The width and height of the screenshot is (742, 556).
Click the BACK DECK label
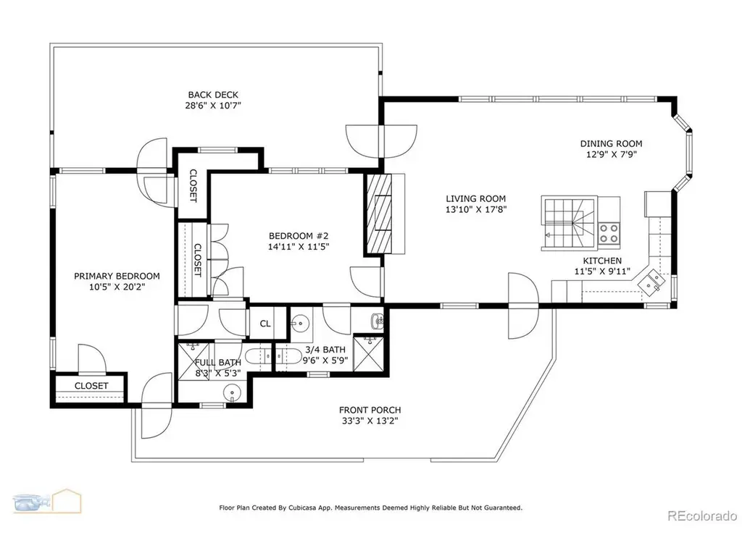coord(213,95)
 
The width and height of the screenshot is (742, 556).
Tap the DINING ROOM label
coord(611,143)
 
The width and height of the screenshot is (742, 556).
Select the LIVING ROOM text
coord(475,198)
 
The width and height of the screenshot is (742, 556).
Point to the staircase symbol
coord(568,223)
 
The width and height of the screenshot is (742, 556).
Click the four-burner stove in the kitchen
coord(609,232)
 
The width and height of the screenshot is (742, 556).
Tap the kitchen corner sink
coord(651,282)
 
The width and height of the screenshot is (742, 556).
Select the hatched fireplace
coord(379,214)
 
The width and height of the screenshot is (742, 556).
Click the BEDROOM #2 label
coord(298,235)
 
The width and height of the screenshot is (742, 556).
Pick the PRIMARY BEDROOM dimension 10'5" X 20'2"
coord(117,287)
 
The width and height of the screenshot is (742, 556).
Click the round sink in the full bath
coord(231,392)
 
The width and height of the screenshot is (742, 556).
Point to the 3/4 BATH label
coord(325,350)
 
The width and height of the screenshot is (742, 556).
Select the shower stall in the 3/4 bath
coord(370,353)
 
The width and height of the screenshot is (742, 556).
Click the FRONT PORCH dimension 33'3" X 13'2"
coord(370,421)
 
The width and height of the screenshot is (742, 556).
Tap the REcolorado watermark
coord(701,515)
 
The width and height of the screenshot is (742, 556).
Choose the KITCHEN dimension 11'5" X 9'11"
coord(602,271)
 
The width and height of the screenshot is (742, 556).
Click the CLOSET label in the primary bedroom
coord(91,386)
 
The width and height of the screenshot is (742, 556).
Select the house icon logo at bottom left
coord(67,501)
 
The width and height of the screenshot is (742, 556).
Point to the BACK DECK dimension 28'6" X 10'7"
coord(213,106)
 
